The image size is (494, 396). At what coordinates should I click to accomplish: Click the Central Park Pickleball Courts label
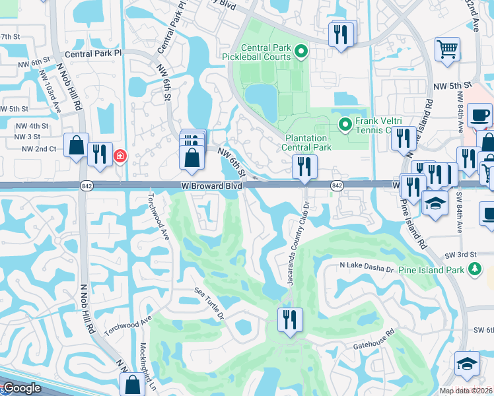(266, 52)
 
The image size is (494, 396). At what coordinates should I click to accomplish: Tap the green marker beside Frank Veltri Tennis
(345, 124)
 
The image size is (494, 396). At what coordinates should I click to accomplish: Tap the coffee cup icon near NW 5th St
(479, 115)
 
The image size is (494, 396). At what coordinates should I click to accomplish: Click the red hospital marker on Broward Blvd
(120, 156)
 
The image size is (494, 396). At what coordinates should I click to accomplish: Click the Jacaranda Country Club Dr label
(298, 245)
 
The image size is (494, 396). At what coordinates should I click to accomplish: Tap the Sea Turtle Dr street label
(210, 302)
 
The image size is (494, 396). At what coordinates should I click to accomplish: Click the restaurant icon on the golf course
(290, 319)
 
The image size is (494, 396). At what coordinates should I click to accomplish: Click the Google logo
(22, 388)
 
